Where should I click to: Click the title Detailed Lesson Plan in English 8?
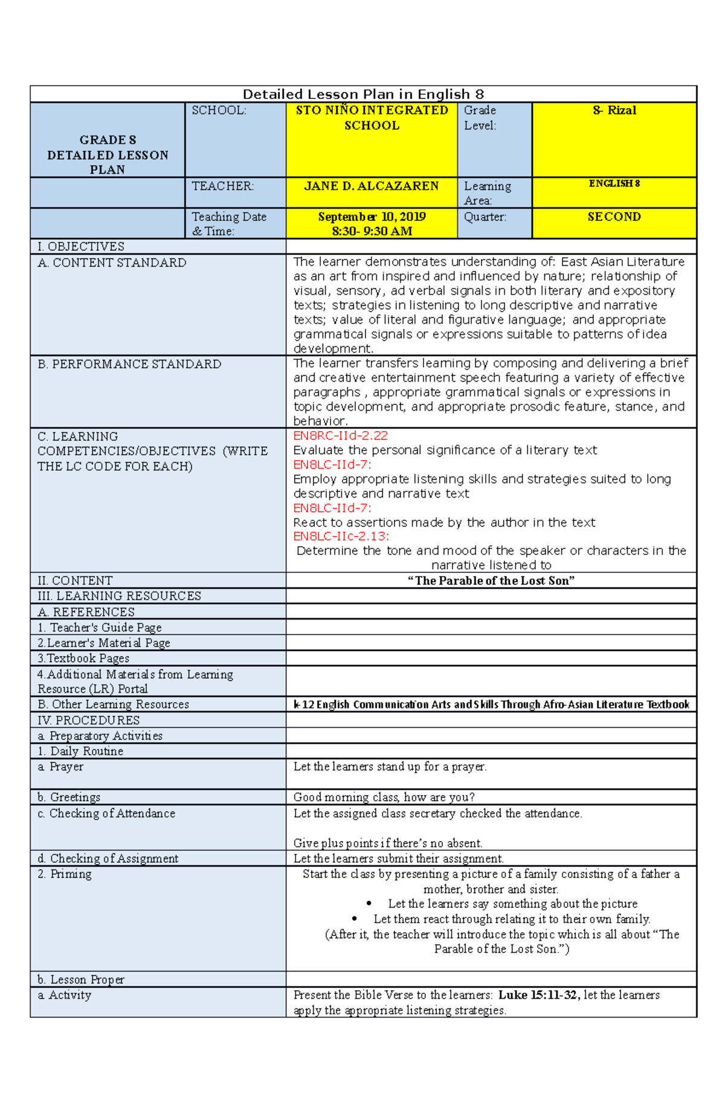(363, 94)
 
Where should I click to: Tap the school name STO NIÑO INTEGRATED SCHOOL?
(372, 118)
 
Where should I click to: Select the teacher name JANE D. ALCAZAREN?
(372, 186)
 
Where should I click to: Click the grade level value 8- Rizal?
(614, 110)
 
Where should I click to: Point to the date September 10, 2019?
(372, 217)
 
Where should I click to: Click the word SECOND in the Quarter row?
(614, 217)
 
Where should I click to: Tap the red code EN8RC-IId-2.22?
(341, 436)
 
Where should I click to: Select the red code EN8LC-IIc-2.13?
(341, 536)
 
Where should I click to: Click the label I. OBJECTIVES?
(81, 246)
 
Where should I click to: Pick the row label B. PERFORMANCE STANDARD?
(129, 364)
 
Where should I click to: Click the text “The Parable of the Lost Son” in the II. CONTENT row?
(491, 581)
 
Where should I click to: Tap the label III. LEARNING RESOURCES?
(119, 596)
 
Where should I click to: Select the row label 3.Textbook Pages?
(83, 658)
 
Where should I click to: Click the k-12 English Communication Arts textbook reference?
(491, 705)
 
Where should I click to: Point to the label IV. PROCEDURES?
(88, 720)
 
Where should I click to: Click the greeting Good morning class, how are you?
(384, 797)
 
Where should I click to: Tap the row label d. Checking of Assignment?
(108, 859)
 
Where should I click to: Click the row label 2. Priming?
(65, 874)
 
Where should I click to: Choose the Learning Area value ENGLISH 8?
(614, 184)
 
